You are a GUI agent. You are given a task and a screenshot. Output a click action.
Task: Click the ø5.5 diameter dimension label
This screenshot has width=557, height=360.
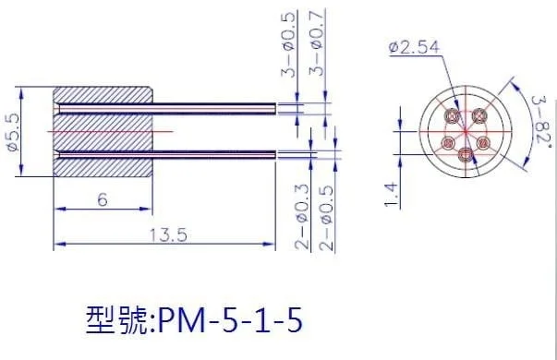[x=13, y=132]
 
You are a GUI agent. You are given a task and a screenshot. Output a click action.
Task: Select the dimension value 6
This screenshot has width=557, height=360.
[x=103, y=199]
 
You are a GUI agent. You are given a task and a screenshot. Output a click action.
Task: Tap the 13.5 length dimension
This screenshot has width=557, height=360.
[x=168, y=235]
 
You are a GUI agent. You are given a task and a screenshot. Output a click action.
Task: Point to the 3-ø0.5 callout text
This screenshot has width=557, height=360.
[x=288, y=44]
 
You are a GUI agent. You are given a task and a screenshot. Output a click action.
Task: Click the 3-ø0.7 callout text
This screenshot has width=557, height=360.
[x=317, y=42]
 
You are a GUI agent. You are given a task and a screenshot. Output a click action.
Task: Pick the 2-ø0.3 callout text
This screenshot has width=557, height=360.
[x=302, y=217]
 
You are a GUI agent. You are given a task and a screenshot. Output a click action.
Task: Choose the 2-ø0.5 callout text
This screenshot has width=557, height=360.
[x=326, y=218]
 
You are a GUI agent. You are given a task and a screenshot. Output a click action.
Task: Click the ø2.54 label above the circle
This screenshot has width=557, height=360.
[x=414, y=47]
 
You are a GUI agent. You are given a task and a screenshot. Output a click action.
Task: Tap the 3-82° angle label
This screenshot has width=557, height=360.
[x=541, y=120]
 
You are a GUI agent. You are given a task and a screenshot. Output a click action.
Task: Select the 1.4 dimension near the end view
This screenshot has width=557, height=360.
[x=391, y=194]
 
